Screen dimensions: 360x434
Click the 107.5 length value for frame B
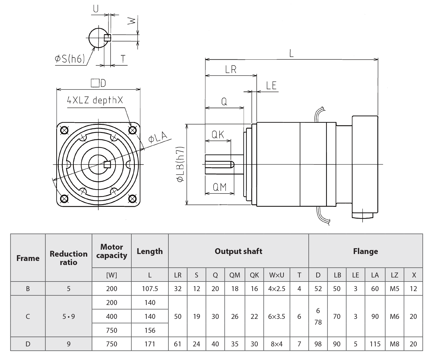150,288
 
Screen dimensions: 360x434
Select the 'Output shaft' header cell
238,251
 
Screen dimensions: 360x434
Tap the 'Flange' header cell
365,251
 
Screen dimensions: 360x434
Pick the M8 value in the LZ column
394,344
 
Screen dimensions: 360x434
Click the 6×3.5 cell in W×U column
277,316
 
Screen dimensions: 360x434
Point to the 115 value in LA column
375,344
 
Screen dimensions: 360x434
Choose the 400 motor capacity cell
112,316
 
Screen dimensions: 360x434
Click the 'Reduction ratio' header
69,258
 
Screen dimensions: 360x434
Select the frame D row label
28,344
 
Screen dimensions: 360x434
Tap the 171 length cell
150,344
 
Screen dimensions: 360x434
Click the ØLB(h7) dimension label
180,164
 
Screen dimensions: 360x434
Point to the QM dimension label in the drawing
220,187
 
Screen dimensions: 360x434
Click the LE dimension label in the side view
271,86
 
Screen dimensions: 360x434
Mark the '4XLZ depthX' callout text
95,100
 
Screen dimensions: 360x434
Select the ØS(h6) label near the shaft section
70,59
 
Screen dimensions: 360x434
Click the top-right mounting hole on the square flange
132,130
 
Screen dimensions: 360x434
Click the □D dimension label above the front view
98,83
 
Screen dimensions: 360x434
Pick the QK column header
254,275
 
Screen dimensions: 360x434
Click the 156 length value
150,330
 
